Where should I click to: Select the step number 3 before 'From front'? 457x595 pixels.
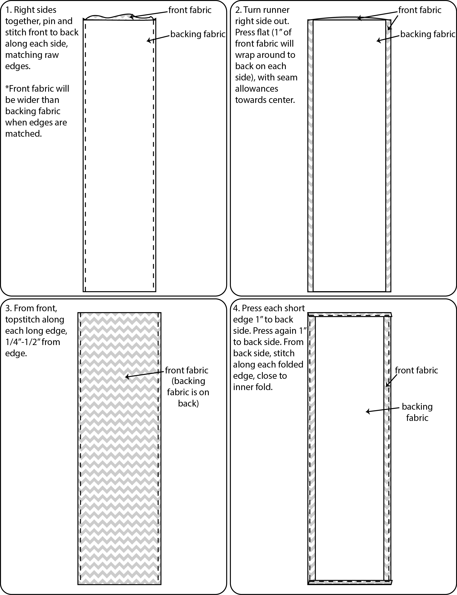[8, 308]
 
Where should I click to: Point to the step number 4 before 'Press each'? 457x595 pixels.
[236, 308]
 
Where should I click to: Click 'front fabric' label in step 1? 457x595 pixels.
[190, 10]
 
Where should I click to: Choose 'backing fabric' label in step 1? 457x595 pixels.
[198, 34]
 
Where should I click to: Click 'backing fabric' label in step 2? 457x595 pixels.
[428, 34]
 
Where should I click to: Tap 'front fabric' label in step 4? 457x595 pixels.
[416, 370]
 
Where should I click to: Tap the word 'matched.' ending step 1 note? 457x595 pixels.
[23, 134]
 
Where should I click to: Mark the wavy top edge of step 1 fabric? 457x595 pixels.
[120, 17]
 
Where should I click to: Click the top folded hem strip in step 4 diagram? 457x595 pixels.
[350, 315]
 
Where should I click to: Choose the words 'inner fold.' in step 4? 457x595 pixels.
[253, 387]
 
